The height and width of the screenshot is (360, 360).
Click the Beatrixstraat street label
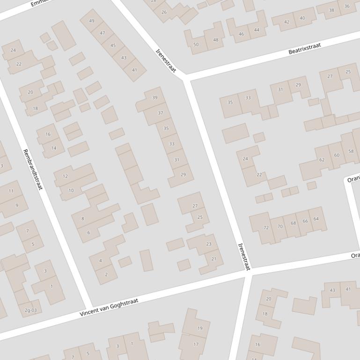[304, 49]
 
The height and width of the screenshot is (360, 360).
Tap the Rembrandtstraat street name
[32, 169]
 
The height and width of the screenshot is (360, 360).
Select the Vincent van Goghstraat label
[109, 308]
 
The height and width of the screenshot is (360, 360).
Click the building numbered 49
[92, 21]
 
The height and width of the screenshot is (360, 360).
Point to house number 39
[155, 98]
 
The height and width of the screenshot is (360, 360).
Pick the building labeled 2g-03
[30, 310]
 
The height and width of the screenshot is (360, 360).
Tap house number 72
[266, 228]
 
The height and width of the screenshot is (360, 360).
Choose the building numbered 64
[316, 219]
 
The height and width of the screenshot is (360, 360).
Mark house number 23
[208, 244]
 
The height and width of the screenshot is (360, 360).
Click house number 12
[65, 176]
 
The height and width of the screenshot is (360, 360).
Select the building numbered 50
[196, 45]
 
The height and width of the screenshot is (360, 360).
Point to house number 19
[200, 328]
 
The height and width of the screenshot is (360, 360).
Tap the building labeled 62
[322, 160]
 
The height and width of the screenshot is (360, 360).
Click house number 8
[83, 218]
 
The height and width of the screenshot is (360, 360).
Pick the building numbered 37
[161, 113]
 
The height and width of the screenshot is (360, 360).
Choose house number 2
[106, 274]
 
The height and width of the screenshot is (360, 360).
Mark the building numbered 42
[287, 22]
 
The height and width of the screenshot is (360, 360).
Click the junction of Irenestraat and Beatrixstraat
[186, 78]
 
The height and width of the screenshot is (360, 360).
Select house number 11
[11, 191]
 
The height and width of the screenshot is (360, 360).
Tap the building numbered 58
[351, 151]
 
